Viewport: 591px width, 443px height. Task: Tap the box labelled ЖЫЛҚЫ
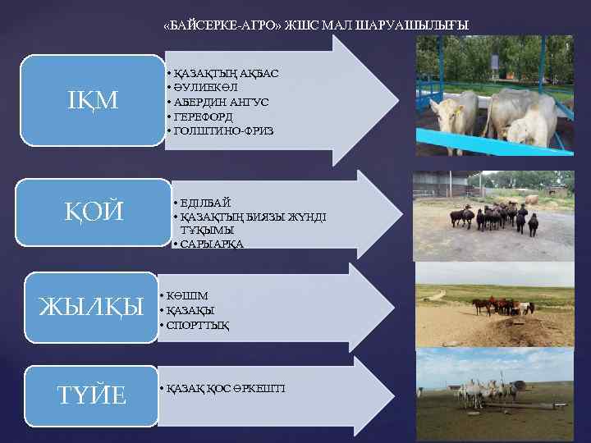(90, 307)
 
